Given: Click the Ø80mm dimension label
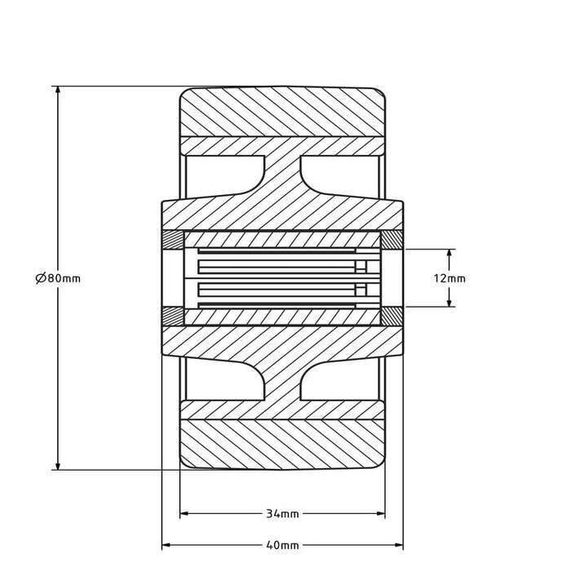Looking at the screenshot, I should click(x=58, y=278).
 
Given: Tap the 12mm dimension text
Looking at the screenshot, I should click(x=449, y=278).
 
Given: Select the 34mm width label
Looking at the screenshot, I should click(x=282, y=514).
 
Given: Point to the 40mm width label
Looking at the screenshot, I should click(x=282, y=544).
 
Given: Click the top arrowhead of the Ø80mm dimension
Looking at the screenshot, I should click(x=58, y=90).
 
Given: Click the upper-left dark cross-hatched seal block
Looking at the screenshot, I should click(x=173, y=241).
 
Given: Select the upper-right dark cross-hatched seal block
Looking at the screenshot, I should click(x=392, y=241).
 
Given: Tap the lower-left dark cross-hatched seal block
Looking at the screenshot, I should click(x=173, y=315).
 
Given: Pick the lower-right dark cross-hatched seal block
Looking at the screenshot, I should click(x=392, y=315).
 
